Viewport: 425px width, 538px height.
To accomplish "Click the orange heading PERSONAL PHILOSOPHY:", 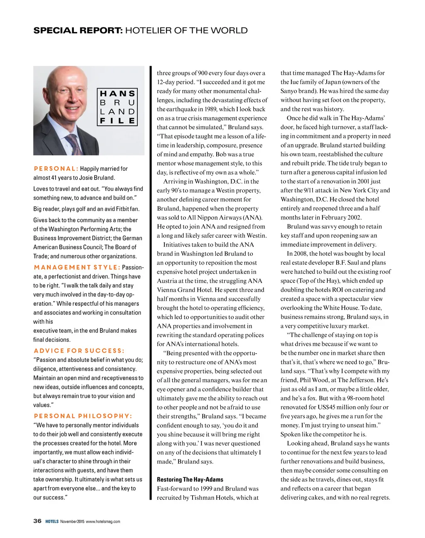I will tap(83, 416).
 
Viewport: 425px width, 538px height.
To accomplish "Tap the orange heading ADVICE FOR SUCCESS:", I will tap(79, 351).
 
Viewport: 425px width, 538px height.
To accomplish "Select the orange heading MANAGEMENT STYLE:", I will tap(77, 267).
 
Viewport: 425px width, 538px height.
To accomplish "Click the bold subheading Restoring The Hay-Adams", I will tap(190, 479).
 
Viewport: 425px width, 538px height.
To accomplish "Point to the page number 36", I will tap(37, 521).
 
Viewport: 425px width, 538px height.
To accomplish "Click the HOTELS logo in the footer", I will tap(52, 521).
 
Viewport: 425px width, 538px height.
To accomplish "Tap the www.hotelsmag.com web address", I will tap(103, 521).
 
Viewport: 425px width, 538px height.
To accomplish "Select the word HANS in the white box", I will tap(118, 94).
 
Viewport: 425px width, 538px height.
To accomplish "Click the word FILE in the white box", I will tap(118, 121).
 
